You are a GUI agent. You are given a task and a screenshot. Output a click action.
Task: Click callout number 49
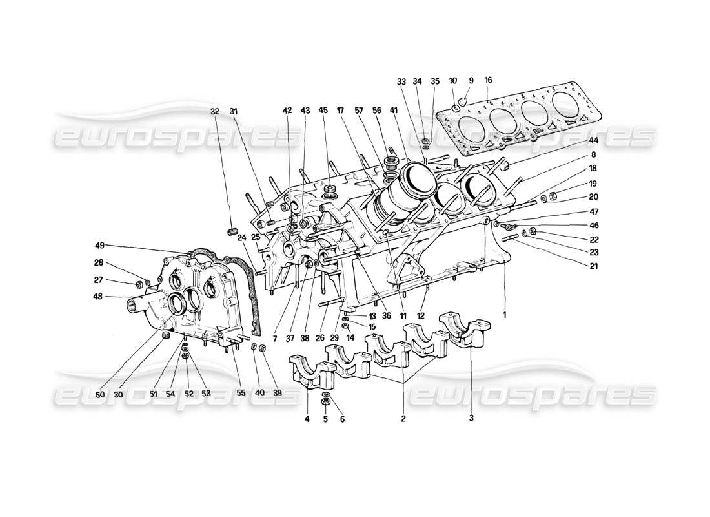point(99,245)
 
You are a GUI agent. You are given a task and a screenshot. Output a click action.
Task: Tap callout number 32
point(214,111)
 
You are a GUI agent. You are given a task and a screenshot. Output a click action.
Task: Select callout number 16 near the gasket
point(488,80)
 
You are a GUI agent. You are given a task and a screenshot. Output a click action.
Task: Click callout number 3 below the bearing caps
point(471,419)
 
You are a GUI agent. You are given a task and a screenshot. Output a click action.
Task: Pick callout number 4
point(307,419)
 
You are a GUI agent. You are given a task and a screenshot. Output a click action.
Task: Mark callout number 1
point(504,315)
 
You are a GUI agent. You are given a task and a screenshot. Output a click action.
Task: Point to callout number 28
point(97,263)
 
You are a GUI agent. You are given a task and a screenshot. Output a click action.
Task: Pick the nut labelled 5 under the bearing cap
point(326,402)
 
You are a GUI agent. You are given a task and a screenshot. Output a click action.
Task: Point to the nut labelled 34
point(427,142)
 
